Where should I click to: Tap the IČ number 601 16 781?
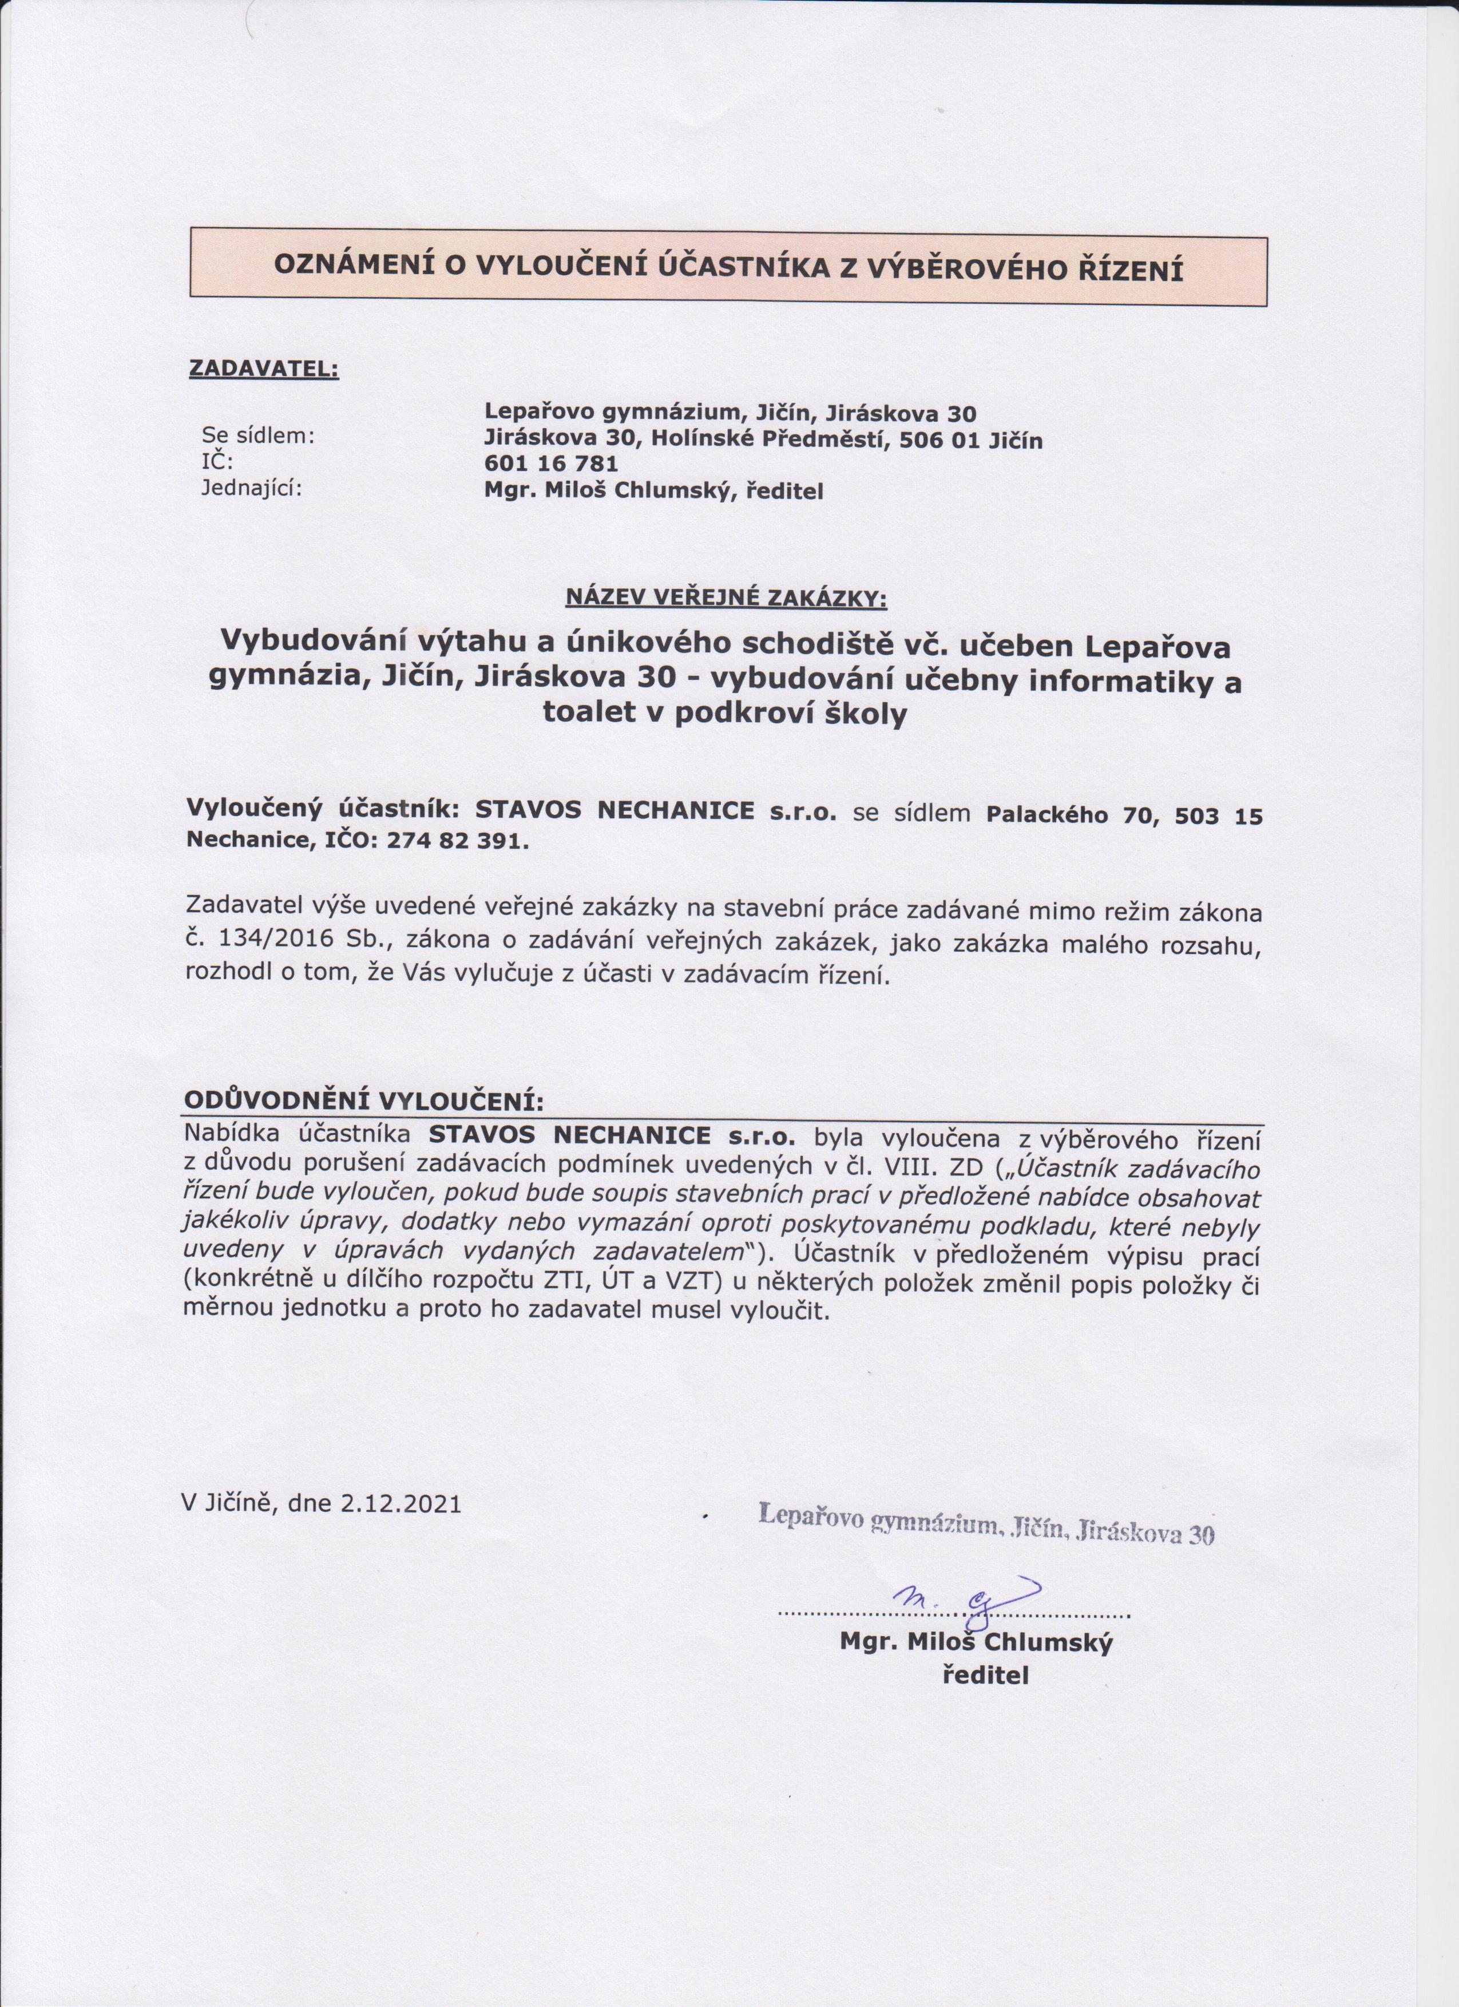pos(551,464)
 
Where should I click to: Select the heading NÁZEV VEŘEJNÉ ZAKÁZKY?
pos(725,598)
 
